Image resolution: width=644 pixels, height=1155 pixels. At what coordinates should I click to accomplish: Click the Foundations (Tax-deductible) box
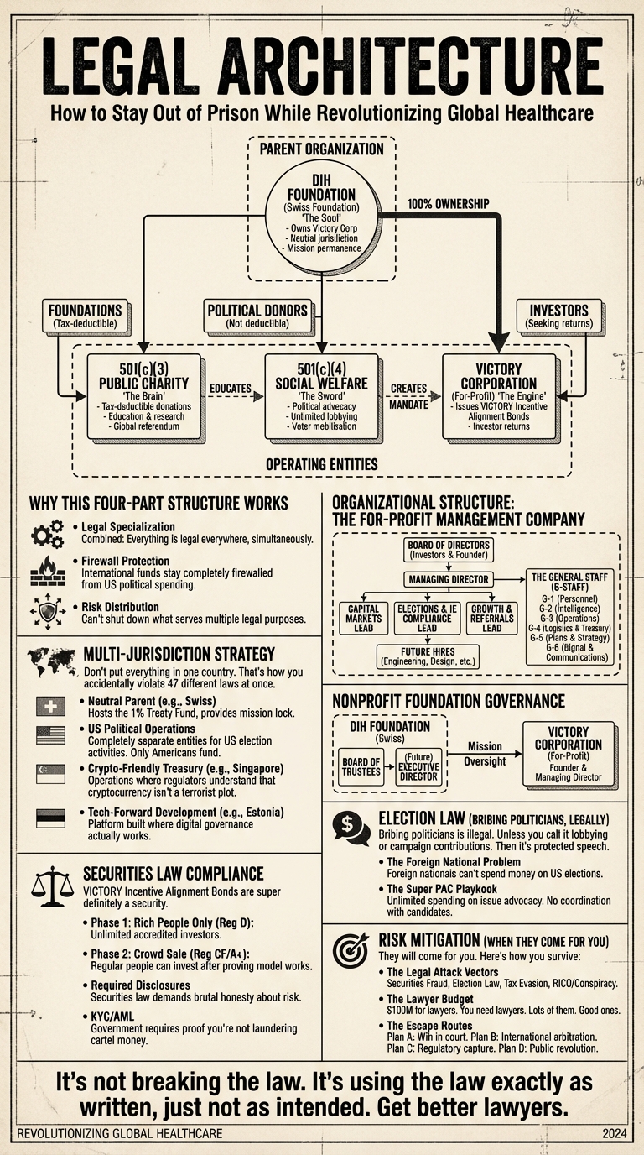click(86, 316)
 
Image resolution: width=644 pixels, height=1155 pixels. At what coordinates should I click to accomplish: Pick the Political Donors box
click(258, 316)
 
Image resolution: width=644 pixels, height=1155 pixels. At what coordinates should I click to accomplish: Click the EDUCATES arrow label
click(231, 388)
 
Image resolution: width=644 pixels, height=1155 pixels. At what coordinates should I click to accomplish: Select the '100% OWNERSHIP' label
click(448, 204)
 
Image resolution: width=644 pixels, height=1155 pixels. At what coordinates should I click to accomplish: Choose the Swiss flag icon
click(51, 707)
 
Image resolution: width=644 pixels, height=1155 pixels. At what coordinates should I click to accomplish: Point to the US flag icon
click(51, 736)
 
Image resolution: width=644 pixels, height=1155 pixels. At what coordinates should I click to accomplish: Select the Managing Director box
click(448, 579)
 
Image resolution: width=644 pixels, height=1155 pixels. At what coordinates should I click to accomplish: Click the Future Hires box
click(426, 656)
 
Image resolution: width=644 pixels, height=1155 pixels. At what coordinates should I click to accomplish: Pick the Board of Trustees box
click(361, 767)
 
